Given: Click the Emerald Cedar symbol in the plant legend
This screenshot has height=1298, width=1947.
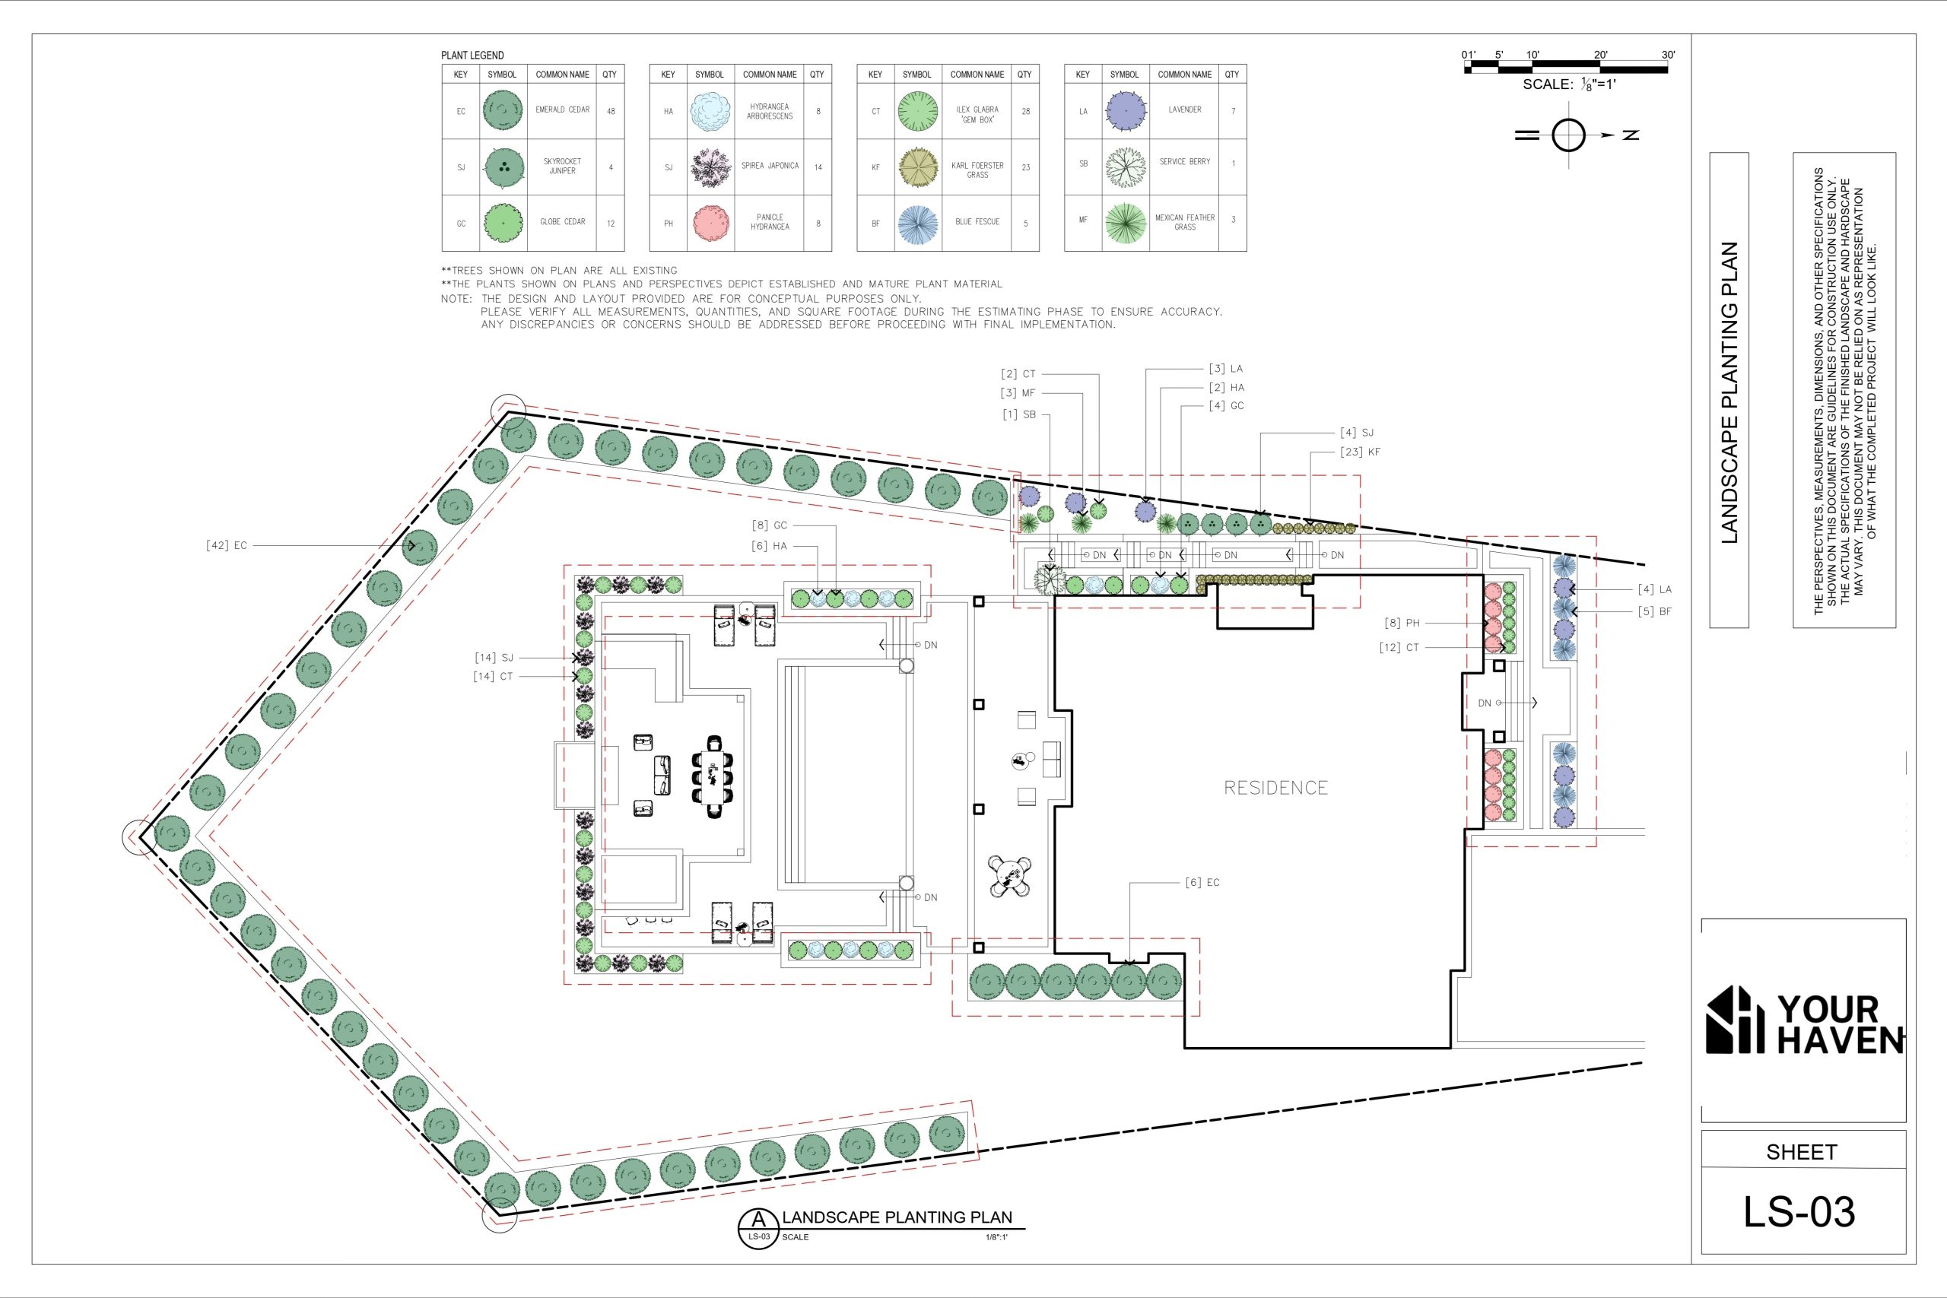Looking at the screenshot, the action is (x=503, y=111).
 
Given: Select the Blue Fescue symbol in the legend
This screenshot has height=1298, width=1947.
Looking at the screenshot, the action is (x=918, y=224).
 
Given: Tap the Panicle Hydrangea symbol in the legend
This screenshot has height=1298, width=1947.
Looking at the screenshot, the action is (x=710, y=223).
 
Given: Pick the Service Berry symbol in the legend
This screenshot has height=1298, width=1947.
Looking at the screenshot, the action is (x=1125, y=167).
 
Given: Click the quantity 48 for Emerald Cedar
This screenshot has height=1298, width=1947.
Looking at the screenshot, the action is (x=611, y=111).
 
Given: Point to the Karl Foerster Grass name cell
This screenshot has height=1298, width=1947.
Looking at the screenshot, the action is (x=977, y=170).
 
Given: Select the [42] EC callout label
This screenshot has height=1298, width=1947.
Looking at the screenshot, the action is (x=226, y=545).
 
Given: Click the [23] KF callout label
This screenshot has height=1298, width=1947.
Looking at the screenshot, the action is (x=1360, y=452).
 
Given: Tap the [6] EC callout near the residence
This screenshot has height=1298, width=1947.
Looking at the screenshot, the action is (x=1202, y=882).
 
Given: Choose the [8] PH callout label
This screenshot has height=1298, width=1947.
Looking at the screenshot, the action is (x=1402, y=624).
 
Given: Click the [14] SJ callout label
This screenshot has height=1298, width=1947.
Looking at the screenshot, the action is (x=494, y=657).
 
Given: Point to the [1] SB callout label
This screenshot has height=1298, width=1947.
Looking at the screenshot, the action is (x=1019, y=414).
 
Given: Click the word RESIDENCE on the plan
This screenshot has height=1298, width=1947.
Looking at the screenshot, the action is (x=1275, y=787).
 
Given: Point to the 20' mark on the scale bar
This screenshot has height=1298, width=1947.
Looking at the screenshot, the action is (x=1600, y=56).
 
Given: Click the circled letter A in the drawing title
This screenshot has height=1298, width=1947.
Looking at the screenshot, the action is (x=758, y=1218).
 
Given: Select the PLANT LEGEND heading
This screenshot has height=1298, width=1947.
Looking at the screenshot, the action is (x=472, y=56).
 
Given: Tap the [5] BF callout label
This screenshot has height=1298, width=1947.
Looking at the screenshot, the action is (x=1654, y=612).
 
